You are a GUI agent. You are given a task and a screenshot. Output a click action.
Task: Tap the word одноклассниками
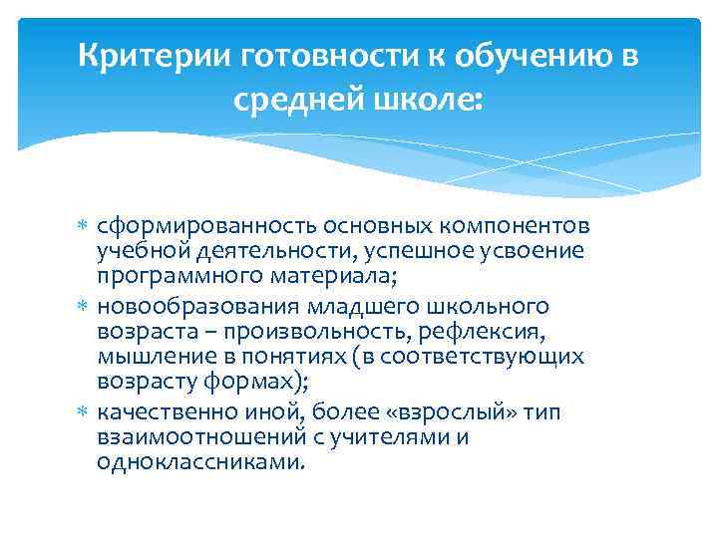point(199,463)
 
